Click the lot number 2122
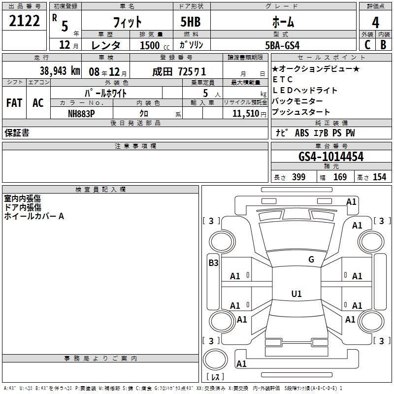point(24,21)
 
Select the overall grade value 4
point(375,22)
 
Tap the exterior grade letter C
point(367,45)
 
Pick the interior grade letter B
point(384,45)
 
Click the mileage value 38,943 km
point(60,71)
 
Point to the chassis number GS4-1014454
point(331,157)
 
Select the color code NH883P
point(81,114)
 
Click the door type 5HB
point(191,22)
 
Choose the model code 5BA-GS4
point(282,45)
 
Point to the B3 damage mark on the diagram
point(213,263)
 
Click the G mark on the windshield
point(311,259)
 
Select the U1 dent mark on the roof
point(296,294)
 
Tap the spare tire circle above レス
point(215,359)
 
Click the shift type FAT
point(14,103)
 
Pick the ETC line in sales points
point(282,79)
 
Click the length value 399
point(299,177)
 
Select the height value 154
point(379,177)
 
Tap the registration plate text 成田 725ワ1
point(179,72)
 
